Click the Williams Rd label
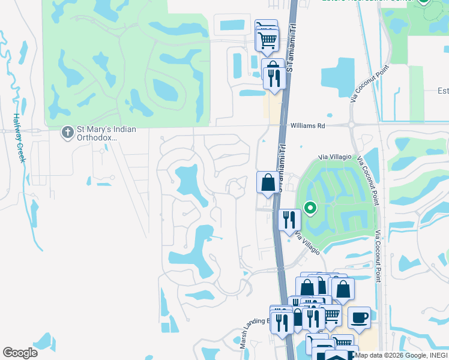(307, 126)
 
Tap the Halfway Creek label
(19, 138)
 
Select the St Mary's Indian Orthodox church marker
(68, 131)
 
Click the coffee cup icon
(359, 317)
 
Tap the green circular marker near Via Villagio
(310, 208)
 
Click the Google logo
(20, 352)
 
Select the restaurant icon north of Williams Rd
(273, 78)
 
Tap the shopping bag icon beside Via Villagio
(268, 182)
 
